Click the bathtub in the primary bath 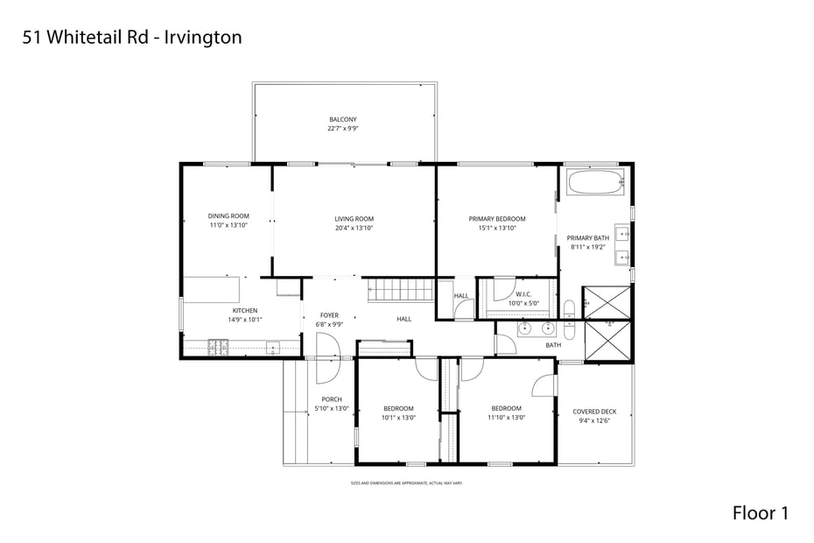pos(596,183)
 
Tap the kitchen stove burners pos(218,348)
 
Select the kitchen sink pos(272,348)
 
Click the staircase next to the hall pos(400,289)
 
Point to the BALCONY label pos(342,119)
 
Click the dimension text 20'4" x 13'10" pos(354,228)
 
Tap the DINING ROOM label pos(228,216)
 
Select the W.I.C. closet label pos(524,294)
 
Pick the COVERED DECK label pos(594,412)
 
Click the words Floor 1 pos(760,513)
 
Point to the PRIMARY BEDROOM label pos(497,219)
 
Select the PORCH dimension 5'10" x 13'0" pos(332,408)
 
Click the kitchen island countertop pos(211,289)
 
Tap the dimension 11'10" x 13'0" pos(506,418)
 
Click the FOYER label pos(329,315)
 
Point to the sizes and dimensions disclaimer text pos(406,483)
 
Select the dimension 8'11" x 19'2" pos(587,247)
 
